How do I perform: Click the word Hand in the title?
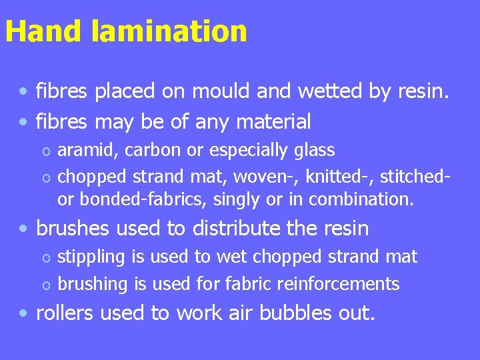(x=44, y=31)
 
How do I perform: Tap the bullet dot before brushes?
(x=24, y=229)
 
